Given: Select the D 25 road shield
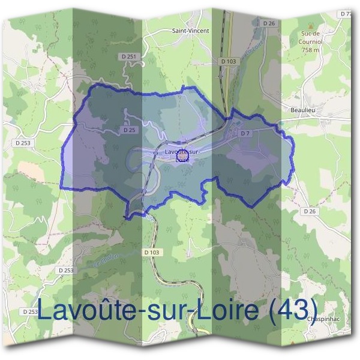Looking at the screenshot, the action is tap(128, 130).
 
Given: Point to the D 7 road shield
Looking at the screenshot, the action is tap(245, 133).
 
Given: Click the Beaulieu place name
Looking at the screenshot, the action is tap(295, 110).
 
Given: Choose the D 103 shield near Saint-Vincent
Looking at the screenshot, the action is tap(228, 61).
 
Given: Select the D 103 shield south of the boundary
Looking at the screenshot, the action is tap(152, 253).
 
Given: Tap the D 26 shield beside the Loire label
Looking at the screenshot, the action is tap(268, 23).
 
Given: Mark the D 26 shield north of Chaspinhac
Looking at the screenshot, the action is tap(309, 211).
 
